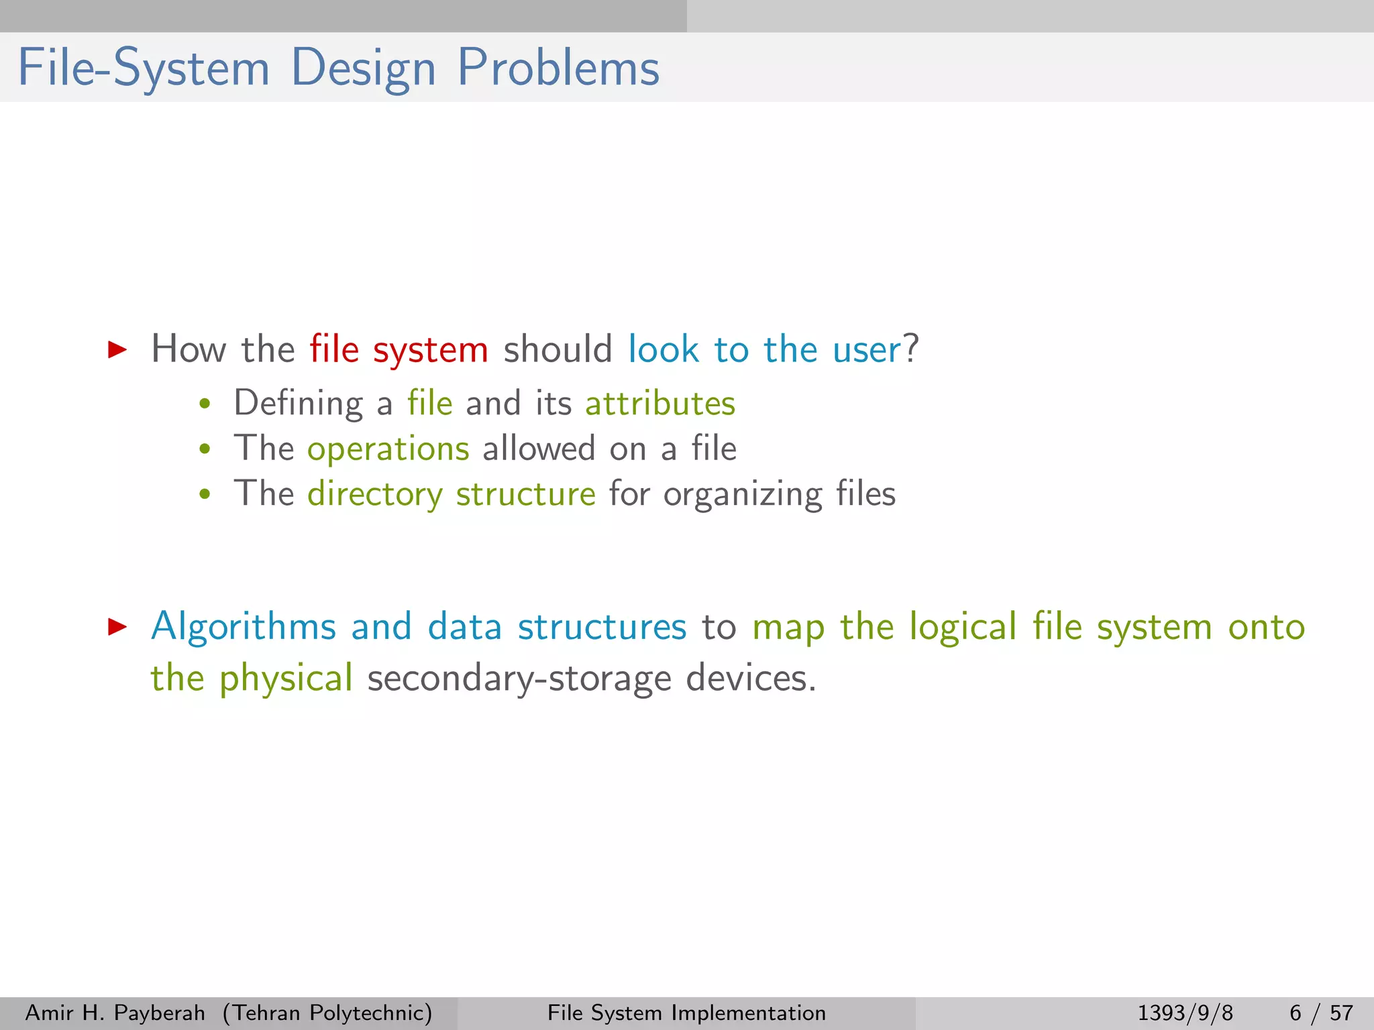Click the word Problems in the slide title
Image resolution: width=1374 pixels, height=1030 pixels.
(x=558, y=68)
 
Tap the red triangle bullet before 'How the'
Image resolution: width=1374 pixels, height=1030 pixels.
(x=117, y=349)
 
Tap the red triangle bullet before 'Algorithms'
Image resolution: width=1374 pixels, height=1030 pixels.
(x=117, y=626)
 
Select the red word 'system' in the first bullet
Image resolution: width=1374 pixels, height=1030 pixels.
(x=430, y=351)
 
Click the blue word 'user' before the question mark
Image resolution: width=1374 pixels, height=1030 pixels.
(x=866, y=350)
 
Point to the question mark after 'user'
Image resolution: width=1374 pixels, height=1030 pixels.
(x=911, y=349)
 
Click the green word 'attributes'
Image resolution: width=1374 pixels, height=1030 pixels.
(x=660, y=404)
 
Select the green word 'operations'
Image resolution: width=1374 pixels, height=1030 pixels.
(x=388, y=449)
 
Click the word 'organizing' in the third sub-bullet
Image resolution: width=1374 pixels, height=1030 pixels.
(x=743, y=495)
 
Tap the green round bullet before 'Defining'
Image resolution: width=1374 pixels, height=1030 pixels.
(x=205, y=404)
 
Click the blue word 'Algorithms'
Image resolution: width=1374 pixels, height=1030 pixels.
(x=243, y=628)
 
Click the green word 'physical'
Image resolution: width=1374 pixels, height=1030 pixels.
(x=286, y=678)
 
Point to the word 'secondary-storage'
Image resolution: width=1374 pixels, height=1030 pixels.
(x=519, y=678)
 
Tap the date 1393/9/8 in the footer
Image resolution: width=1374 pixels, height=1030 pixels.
(x=1185, y=1013)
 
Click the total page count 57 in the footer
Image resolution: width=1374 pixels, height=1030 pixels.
(x=1341, y=1013)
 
